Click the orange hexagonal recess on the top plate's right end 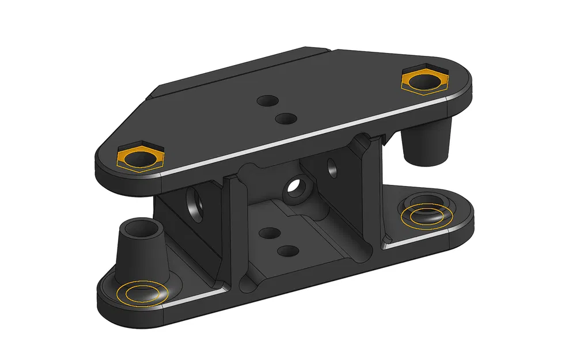pos(424,80)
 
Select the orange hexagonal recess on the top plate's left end pos(141,157)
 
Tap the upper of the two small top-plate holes pos(267,100)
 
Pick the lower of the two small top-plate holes pos(286,118)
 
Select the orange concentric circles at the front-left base pos(141,293)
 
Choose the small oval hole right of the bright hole pos(333,166)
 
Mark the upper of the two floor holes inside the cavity pos(267,233)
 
